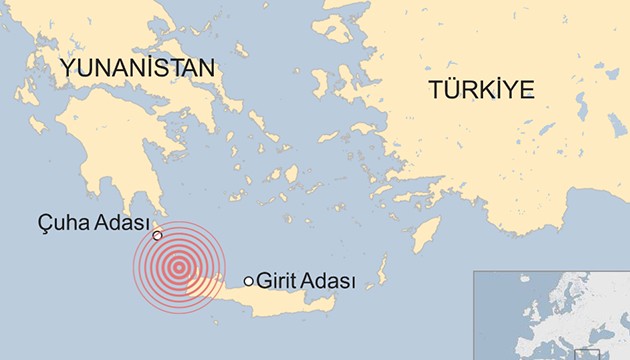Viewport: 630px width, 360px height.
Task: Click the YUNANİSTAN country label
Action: [138, 68]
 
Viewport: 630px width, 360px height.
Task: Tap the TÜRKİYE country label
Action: [482, 89]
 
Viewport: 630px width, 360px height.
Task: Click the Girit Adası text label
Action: [307, 281]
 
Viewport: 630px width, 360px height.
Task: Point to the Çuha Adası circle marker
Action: [157, 235]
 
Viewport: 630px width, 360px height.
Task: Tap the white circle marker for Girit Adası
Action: [249, 281]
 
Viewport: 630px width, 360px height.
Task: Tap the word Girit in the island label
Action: [276, 281]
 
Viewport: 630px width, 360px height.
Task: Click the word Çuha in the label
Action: [56, 222]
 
